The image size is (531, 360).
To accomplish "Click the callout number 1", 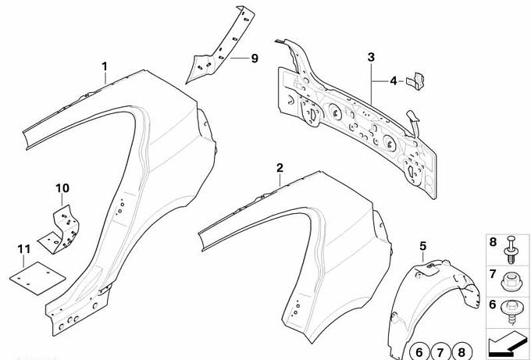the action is point(105,66).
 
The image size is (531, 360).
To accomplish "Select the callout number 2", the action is point(280,168).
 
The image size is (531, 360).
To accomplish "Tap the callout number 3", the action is point(371,57).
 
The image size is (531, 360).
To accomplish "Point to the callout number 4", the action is point(393,81).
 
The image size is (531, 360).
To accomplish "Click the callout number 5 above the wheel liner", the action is point(422,246).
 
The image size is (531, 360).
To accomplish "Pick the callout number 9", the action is point(255,59).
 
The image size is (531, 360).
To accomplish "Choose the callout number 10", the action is point(62,188).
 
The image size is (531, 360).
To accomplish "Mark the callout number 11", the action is point(23,250).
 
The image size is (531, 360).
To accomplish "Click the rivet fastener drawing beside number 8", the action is point(511,250).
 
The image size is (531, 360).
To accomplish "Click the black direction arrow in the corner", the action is point(507,342).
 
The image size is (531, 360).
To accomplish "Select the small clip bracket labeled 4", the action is point(416,81).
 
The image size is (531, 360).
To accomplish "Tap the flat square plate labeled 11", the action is point(37,278).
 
